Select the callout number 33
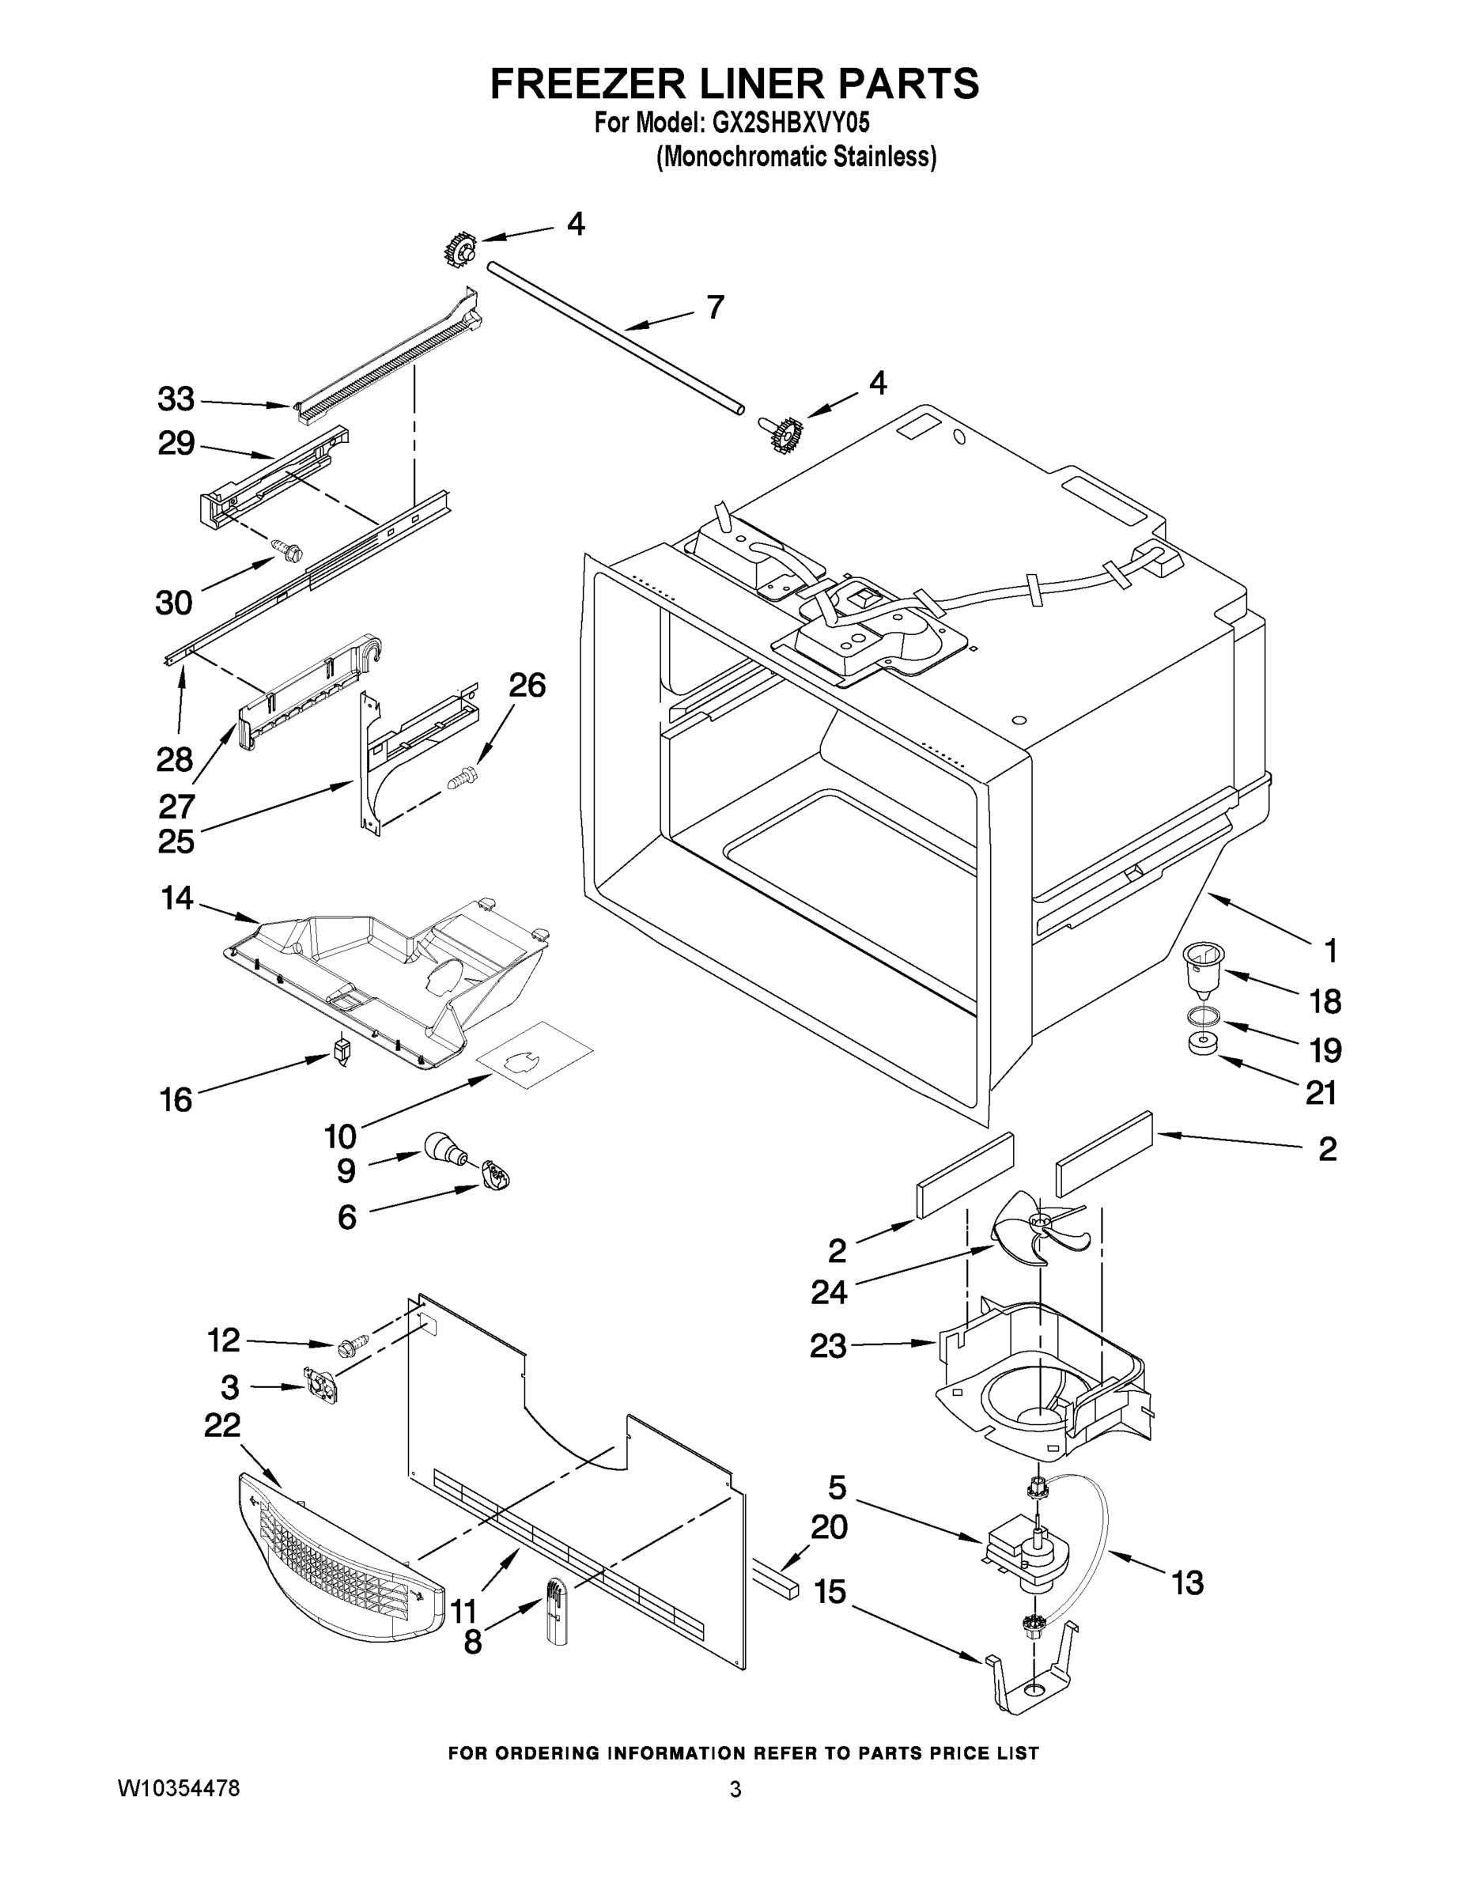pos(176,399)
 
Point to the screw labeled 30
pos(289,550)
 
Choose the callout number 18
pos(1325,1001)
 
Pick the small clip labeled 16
pos(342,1049)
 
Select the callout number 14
pos(177,898)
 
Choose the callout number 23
pos(827,1346)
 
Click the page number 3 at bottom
pos(735,1790)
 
